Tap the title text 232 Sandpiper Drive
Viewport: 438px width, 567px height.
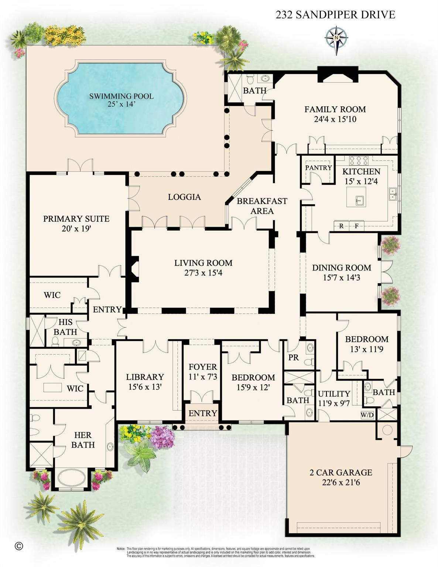pos(335,15)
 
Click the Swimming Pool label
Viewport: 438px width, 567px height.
pos(121,96)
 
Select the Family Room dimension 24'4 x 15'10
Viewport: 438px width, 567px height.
pos(335,119)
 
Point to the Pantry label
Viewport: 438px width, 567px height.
pos(318,168)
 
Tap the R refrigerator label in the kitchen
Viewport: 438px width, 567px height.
pos(341,226)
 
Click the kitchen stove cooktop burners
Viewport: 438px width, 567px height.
pos(359,161)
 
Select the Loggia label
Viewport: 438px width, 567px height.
pos(184,197)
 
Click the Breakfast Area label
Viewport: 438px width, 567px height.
pos(262,206)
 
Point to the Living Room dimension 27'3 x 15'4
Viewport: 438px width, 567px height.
pos(203,273)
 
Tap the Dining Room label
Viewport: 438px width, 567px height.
pos(341,268)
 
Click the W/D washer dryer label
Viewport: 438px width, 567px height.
pos(367,415)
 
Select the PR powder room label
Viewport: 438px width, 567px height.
pos(294,358)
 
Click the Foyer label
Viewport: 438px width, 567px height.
pos(203,367)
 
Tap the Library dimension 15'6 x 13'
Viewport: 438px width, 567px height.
pos(145,387)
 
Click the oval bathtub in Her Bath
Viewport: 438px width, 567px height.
pos(72,478)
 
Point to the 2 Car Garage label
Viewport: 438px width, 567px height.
pos(341,472)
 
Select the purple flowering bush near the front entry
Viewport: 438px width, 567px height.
pos(163,437)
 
